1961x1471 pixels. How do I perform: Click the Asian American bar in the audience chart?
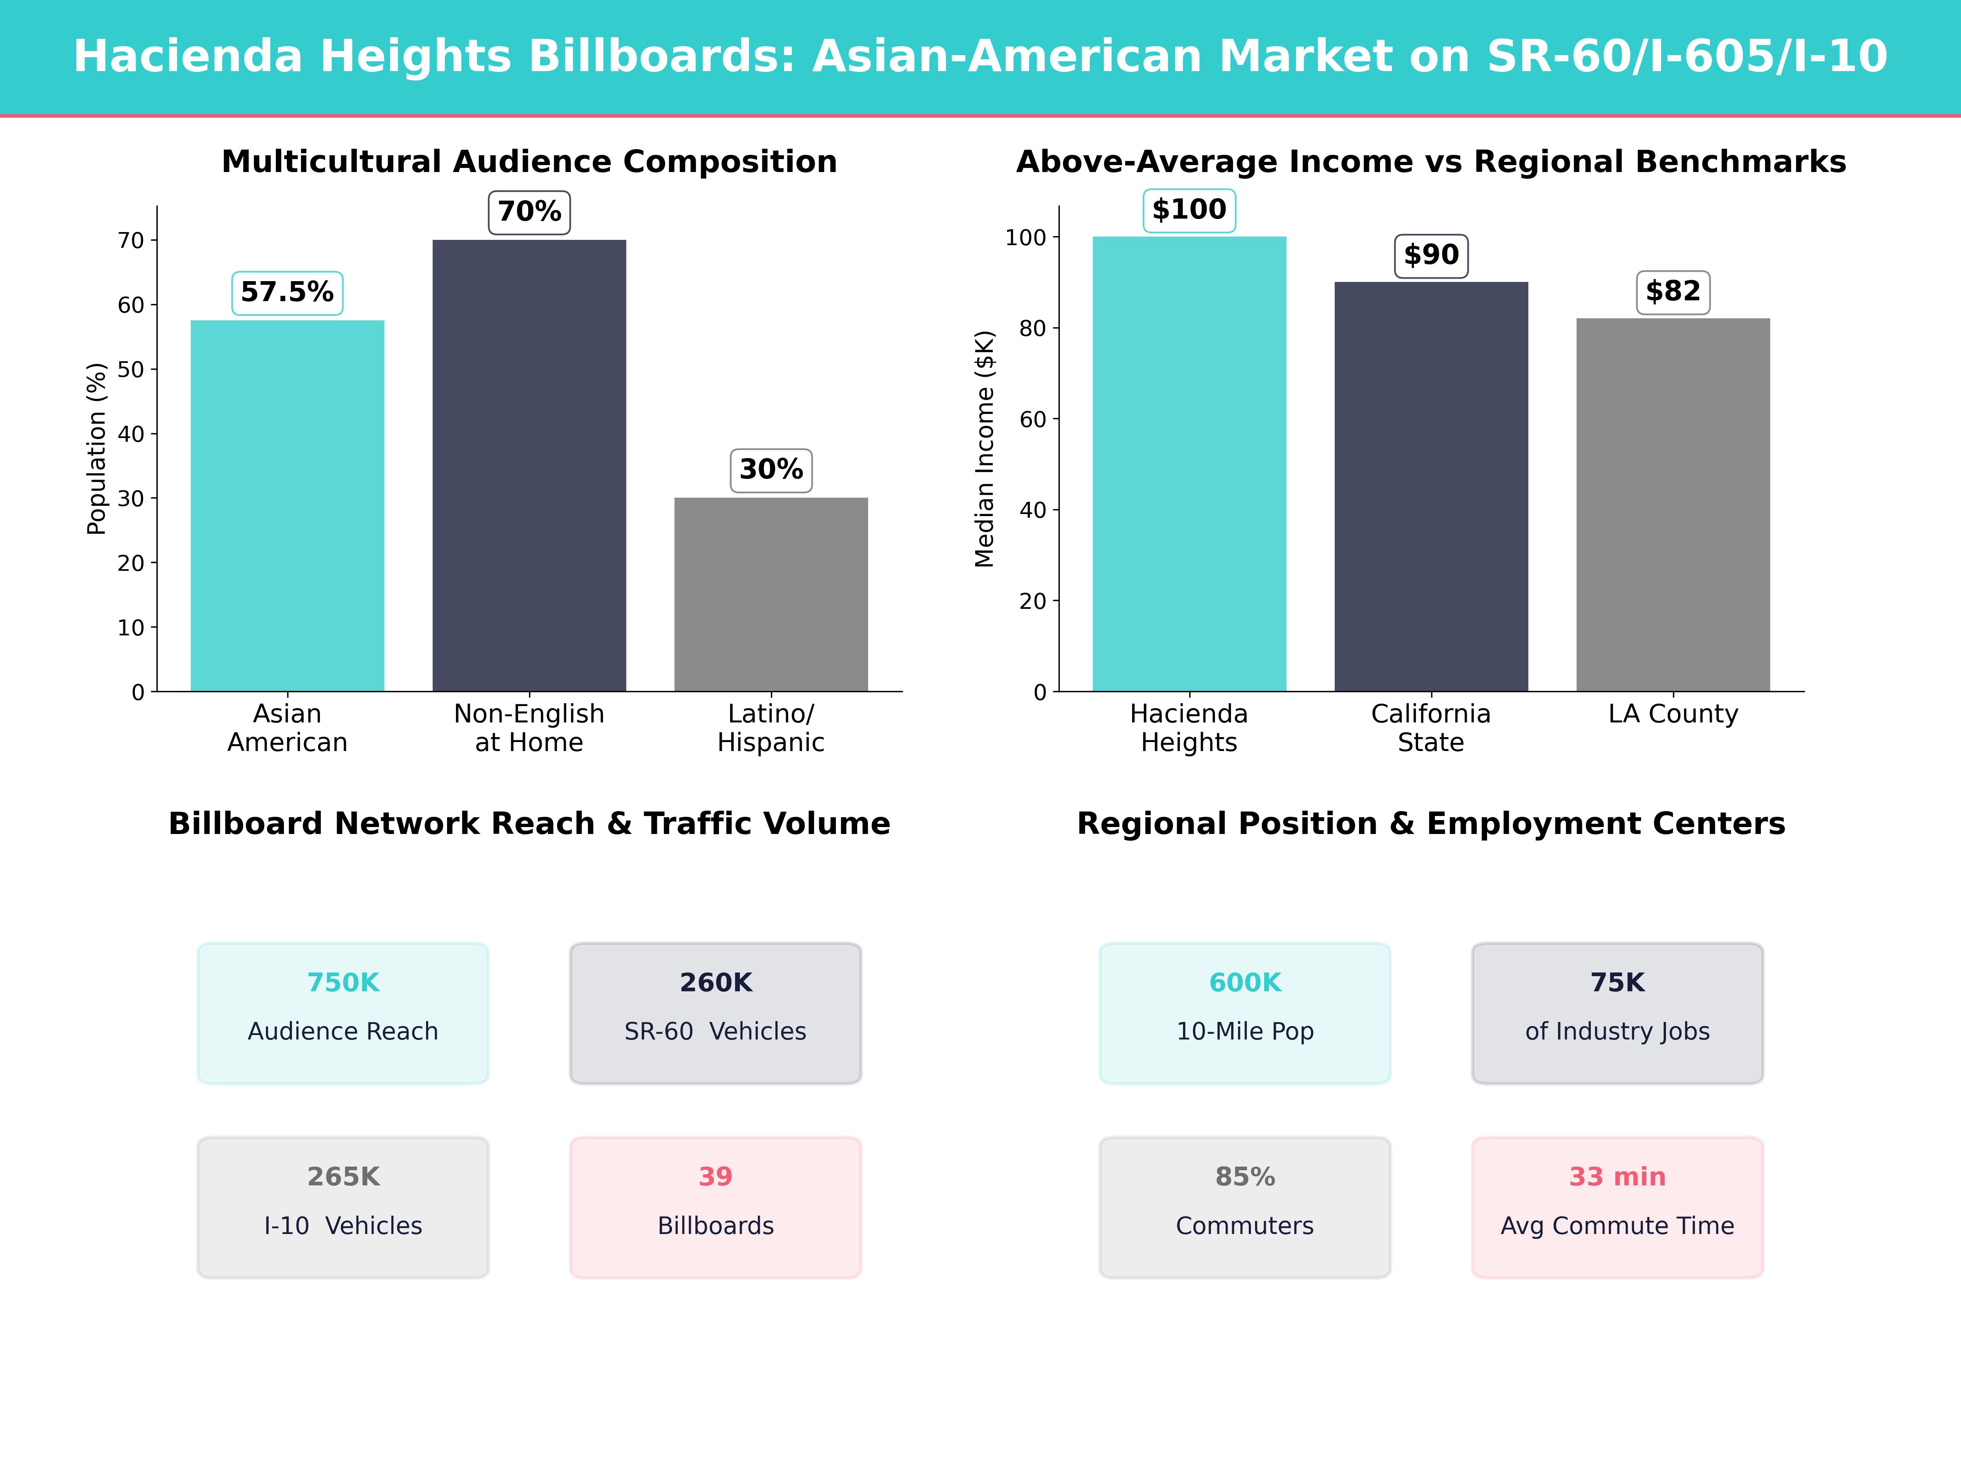pyautogui.click(x=287, y=505)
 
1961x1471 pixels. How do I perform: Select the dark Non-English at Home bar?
pyautogui.click(x=529, y=465)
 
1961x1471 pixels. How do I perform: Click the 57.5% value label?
pyautogui.click(x=287, y=293)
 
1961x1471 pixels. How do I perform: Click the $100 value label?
pyautogui.click(x=1189, y=210)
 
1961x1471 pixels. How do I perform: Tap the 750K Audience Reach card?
pyautogui.click(x=343, y=1013)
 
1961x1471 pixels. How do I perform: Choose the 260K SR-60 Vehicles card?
pyautogui.click(x=715, y=1013)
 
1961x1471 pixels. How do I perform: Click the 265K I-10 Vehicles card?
pyautogui.click(x=343, y=1207)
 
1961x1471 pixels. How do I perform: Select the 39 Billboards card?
pyautogui.click(x=715, y=1207)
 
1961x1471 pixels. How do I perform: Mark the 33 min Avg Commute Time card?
pyautogui.click(x=1617, y=1207)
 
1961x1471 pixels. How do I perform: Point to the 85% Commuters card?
pyautogui.click(x=1245, y=1207)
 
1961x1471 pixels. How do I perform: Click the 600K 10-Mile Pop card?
pyautogui.click(x=1245, y=1013)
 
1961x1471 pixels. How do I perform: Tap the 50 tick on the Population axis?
pyautogui.click(x=131, y=370)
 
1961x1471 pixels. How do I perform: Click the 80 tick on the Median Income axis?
pyautogui.click(x=1033, y=328)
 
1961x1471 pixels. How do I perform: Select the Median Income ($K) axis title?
pyautogui.click(x=984, y=449)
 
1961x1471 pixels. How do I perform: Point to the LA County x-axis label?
pyautogui.click(x=1673, y=714)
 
